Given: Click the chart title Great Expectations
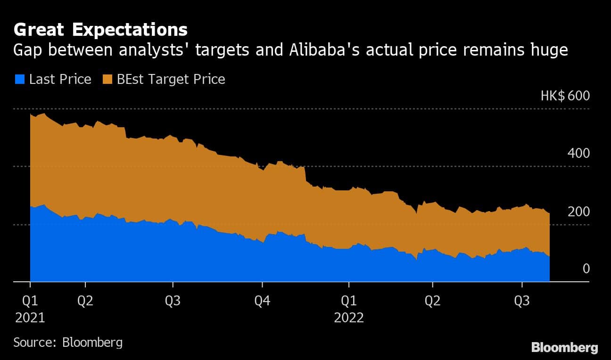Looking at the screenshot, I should pos(100,30).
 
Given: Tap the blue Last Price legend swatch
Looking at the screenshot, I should pos(19,79).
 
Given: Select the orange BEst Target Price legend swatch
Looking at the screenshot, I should pos(106,79).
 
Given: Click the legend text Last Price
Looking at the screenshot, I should pos(60,79).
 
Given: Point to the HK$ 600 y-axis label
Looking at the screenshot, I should pos(565,96).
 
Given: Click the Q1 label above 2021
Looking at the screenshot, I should pos(30,300).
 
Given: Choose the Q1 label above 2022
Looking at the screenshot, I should pos(348,300).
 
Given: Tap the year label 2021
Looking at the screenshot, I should pos(30,318).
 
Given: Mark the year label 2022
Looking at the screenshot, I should pos(348,318).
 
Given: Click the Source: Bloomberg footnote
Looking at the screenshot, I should pos(68,342).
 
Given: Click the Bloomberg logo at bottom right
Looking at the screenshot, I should pos(564,348).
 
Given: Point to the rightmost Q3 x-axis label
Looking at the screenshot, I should pos(521,300).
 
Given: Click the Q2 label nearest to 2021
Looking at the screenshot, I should pos(85,300).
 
